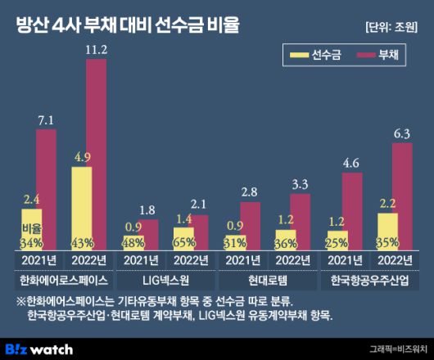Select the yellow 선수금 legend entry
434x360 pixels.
(319, 56)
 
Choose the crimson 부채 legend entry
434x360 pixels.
(386, 56)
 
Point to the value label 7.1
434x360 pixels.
(46, 120)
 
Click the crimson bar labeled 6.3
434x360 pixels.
(402, 196)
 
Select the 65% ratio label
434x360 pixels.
(185, 242)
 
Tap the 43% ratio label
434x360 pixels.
(83, 242)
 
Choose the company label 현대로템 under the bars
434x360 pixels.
(268, 280)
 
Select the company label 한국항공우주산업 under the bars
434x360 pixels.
(370, 280)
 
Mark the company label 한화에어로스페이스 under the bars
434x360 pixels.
(64, 280)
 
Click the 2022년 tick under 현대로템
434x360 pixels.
(293, 260)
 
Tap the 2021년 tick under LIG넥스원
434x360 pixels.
(140, 260)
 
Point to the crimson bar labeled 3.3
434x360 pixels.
(301, 221)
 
